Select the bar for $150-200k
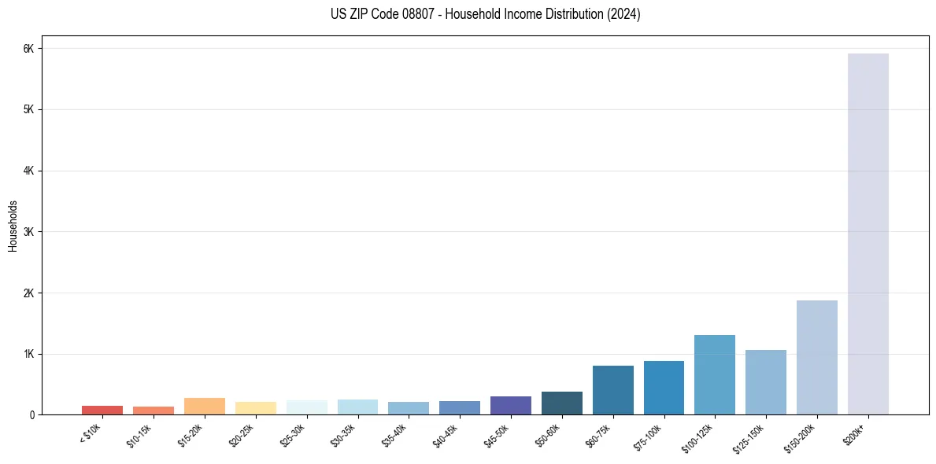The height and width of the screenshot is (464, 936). (816, 358)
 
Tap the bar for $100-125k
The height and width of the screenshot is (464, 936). (714, 375)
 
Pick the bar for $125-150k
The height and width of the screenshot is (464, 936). (765, 382)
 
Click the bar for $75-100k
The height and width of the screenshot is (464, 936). (664, 388)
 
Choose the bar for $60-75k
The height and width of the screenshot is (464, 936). (612, 390)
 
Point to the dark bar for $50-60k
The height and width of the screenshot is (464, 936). (561, 403)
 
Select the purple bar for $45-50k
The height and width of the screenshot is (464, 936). (510, 406)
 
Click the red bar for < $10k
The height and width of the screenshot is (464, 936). (102, 410)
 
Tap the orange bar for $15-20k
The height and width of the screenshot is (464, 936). (204, 407)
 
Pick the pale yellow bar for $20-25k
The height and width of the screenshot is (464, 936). (255, 408)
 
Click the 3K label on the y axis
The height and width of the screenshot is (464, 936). (29, 232)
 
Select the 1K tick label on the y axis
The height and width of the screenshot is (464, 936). (29, 354)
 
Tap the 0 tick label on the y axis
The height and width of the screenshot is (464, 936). (31, 415)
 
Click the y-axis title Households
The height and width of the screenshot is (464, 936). (13, 226)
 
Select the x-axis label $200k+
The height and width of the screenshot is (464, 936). (856, 433)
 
